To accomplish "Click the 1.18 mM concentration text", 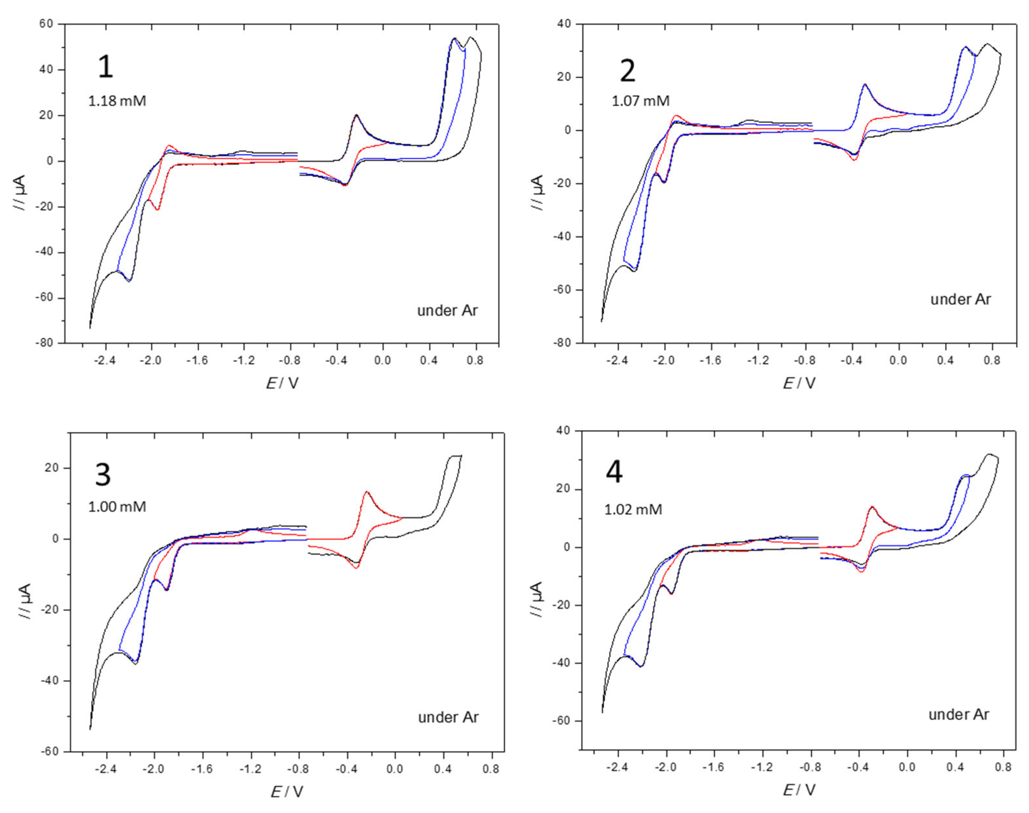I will [x=117, y=101].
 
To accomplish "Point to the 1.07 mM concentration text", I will [x=640, y=101].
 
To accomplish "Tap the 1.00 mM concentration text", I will [x=117, y=506].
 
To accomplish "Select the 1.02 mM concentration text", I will [x=633, y=509].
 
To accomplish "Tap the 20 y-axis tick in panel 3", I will [x=51, y=468].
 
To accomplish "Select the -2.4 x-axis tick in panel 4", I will [x=618, y=767].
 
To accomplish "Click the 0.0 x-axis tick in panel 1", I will [x=382, y=360].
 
